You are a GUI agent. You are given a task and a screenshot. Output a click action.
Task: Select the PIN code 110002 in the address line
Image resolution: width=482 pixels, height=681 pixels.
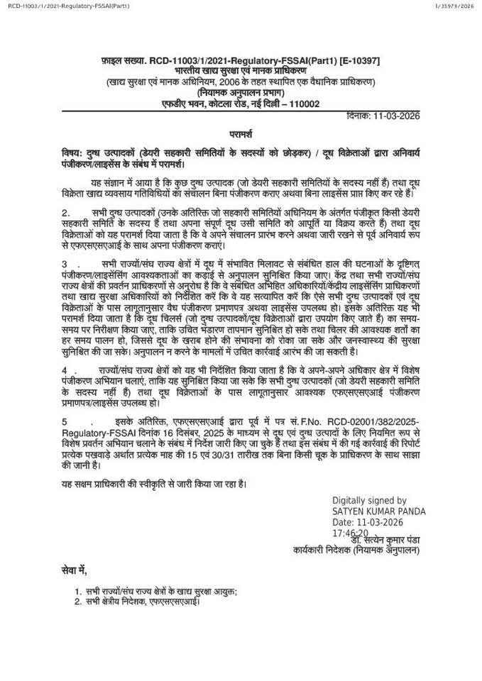click(x=300, y=103)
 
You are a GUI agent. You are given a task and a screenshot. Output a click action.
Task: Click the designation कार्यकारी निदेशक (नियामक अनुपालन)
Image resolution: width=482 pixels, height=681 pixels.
click(x=356, y=550)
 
